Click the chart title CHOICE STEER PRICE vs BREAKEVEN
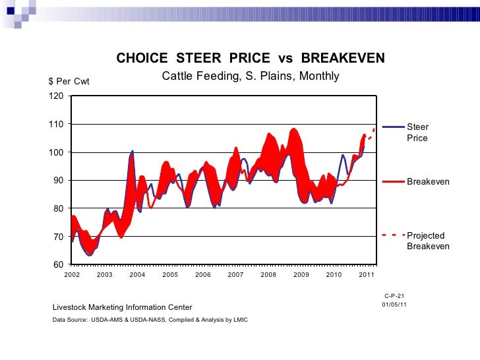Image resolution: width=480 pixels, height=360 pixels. [251, 59]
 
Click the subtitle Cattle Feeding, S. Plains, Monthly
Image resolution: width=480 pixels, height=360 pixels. [251, 76]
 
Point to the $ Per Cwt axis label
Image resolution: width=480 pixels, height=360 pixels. [69, 82]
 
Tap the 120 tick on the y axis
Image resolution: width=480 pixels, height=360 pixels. [57, 96]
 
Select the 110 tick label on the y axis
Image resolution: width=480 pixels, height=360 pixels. [57, 124]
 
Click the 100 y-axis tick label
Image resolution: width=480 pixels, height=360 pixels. [57, 152]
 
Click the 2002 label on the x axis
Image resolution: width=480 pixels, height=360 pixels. [72, 274]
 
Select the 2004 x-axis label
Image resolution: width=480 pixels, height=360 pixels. [137, 274]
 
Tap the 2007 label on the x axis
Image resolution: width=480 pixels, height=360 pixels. [235, 274]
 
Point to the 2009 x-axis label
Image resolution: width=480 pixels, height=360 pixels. [301, 274]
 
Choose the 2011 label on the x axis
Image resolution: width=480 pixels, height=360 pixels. [367, 274]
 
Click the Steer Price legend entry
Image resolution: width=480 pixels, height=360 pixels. [417, 133]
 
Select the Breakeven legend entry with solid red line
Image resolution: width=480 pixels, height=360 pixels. [428, 181]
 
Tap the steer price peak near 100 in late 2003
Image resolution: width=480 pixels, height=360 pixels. [132, 152]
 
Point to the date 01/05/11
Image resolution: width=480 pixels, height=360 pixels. [394, 305]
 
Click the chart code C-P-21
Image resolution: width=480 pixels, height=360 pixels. [394, 295]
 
